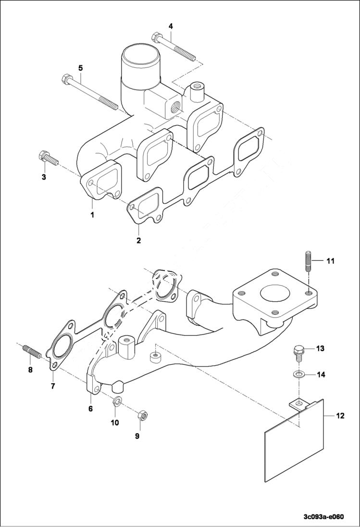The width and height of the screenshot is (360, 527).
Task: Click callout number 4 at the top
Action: (171, 25)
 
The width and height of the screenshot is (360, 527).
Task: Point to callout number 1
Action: (92, 215)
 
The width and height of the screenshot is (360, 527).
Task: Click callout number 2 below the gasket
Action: (138, 240)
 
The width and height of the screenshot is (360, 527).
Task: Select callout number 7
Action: (52, 386)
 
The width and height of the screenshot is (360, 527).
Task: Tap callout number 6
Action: (90, 408)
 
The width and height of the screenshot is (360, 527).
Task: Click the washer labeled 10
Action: (116, 401)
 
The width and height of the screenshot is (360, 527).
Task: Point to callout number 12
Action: (340, 416)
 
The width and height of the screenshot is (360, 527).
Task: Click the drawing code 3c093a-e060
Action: (323, 517)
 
